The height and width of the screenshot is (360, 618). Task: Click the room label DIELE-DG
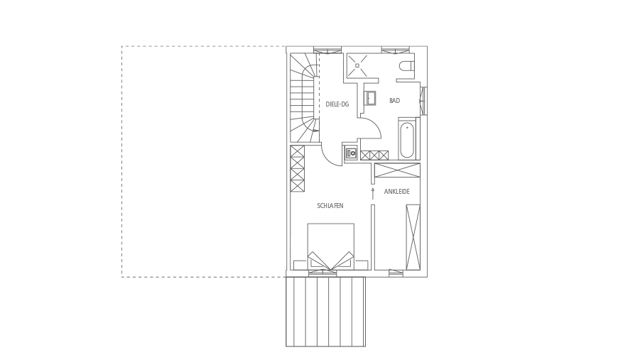(x=337, y=104)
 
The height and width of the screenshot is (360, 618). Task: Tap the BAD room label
(x=394, y=101)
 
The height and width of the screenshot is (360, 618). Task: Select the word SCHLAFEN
(x=330, y=206)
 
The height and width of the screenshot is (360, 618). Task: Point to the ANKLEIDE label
(x=397, y=192)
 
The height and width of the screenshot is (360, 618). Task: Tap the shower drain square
(x=357, y=66)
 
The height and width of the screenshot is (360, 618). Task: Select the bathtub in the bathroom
(x=407, y=141)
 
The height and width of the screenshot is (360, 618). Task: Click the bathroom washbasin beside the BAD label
(x=370, y=99)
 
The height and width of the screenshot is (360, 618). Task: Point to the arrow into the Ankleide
(x=372, y=193)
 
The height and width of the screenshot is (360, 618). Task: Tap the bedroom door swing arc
(x=328, y=159)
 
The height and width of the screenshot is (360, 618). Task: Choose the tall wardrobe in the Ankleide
(x=413, y=237)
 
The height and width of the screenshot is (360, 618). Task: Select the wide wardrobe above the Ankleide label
(x=397, y=170)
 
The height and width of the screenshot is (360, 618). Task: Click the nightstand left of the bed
(x=300, y=265)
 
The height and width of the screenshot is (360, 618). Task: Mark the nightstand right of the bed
(x=361, y=265)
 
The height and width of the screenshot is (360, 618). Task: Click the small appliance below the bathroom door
(x=351, y=153)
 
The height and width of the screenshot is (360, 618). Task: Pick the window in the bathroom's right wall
(x=423, y=101)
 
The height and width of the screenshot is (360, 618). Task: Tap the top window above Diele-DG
(x=327, y=50)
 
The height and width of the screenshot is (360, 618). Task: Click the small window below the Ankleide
(x=396, y=272)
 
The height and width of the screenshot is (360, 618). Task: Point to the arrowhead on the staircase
(x=315, y=131)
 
